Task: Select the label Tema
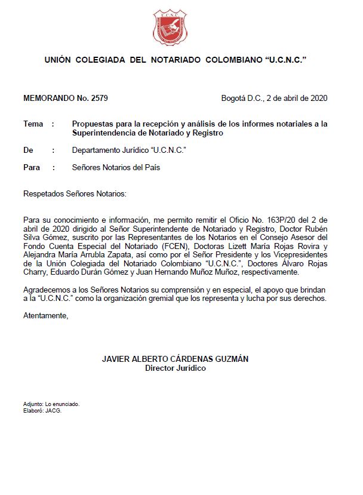[33, 124]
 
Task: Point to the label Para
[31, 168]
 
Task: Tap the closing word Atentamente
[45, 315]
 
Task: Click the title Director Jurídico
[176, 368]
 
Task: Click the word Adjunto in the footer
[33, 404]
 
